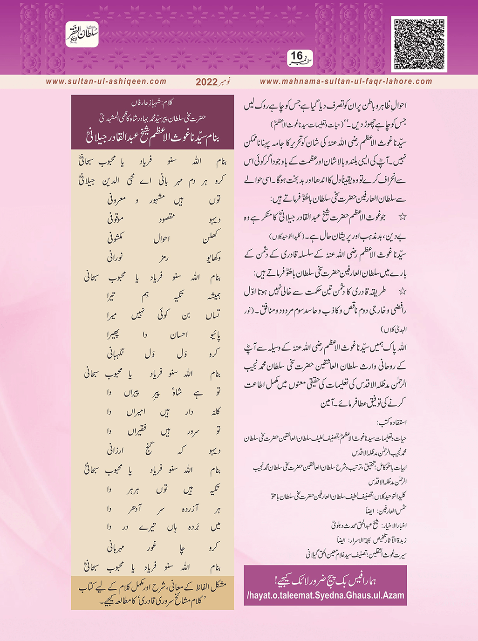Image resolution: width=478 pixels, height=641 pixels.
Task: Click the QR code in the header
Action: [419, 44]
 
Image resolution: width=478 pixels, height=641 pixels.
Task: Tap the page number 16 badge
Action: [299, 58]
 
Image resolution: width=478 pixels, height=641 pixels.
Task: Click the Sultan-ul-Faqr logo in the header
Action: [82, 34]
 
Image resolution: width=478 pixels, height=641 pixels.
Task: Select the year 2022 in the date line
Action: [206, 82]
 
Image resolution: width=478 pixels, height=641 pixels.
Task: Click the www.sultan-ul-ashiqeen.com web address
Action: [106, 82]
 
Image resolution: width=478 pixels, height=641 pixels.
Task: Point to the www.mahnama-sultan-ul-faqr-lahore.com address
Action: [346, 82]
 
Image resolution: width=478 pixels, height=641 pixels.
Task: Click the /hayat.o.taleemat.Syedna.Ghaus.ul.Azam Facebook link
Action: [326, 595]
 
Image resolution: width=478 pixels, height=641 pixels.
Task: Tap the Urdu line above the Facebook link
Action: [326, 580]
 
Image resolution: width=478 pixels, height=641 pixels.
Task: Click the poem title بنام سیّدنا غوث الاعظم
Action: [152, 138]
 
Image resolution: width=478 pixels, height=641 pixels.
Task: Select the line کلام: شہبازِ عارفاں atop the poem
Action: [152, 101]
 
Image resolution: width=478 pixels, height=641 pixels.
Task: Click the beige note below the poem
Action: [152, 593]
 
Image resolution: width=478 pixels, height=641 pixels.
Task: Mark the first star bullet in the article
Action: [403, 217]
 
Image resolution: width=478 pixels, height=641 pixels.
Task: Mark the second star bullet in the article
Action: [403, 292]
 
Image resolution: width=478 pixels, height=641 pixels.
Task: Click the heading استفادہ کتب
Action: [392, 423]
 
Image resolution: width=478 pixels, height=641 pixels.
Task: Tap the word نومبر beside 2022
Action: [225, 82]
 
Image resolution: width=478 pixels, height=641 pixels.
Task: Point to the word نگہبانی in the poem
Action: [116, 354]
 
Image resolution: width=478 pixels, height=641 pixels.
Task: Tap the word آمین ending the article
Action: [329, 403]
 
